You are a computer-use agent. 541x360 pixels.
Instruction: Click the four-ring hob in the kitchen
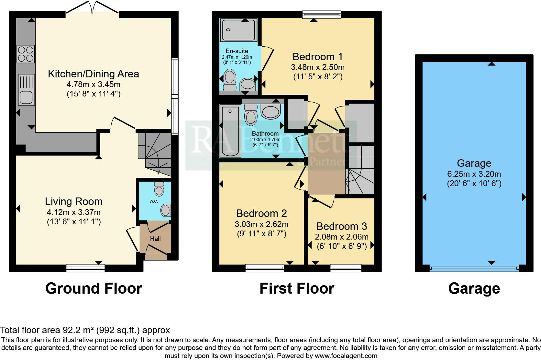point(26,54)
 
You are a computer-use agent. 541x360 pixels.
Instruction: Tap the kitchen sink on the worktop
point(26,90)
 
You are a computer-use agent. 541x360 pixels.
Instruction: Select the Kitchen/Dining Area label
point(93,74)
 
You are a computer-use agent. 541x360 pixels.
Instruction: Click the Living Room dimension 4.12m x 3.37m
point(73,212)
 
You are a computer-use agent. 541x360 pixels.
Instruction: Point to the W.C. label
point(153,201)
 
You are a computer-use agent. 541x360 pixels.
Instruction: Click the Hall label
point(155,239)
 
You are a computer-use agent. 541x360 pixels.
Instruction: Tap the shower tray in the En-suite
point(239,30)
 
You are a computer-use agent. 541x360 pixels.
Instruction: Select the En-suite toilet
point(230,80)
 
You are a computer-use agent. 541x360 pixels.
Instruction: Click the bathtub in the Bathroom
point(230,131)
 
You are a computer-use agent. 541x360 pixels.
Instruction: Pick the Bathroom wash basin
point(270,112)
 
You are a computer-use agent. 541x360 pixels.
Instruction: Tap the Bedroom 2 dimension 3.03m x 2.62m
point(261,224)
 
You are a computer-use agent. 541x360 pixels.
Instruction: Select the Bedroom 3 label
point(342,226)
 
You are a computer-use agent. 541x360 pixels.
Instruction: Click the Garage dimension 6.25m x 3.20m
point(474,174)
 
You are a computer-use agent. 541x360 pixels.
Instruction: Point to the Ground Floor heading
point(94,288)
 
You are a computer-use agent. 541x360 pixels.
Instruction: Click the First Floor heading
point(297,288)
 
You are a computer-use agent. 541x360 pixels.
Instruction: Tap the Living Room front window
point(85,267)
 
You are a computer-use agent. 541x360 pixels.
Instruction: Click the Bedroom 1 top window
point(322,14)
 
